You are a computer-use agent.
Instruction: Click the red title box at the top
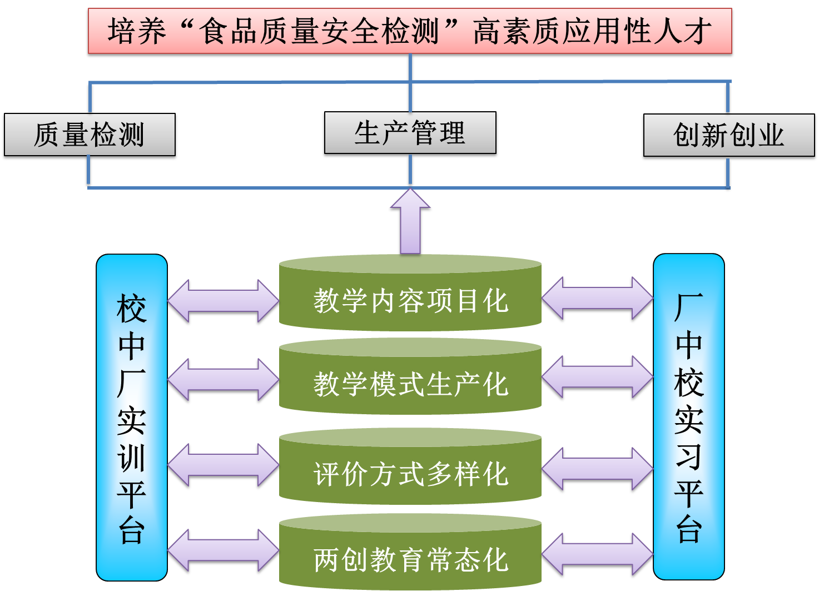coord(410,31)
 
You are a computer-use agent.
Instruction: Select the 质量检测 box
coord(90,135)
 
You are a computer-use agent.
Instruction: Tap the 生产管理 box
coord(410,133)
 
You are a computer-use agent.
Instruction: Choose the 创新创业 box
coord(728,136)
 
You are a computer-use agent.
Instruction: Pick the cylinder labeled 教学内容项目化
coord(410,300)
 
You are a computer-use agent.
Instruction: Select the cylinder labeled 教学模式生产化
coord(410,384)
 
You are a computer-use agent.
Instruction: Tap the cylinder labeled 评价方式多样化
coord(410,474)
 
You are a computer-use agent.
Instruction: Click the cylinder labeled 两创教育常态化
coord(410,559)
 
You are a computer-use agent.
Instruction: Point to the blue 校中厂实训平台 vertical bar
coord(132,417)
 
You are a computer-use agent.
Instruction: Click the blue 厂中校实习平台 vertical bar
coord(688,417)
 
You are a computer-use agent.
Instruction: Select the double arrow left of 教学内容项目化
coord(223,301)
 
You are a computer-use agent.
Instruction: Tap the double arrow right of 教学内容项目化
coord(597,300)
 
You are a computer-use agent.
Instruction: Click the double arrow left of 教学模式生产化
coord(223,381)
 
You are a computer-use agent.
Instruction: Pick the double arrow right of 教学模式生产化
coord(597,378)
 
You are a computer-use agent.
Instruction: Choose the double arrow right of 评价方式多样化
coord(597,470)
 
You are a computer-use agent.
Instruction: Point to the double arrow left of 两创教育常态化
coord(223,551)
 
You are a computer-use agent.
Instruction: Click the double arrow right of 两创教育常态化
coord(597,555)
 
